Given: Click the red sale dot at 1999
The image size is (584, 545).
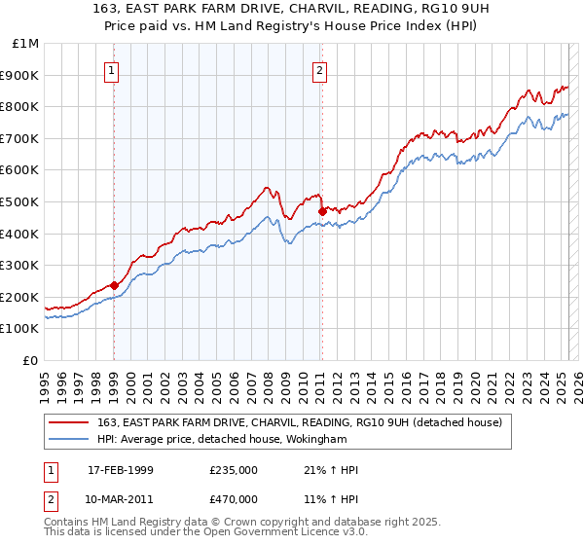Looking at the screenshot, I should point(114,285).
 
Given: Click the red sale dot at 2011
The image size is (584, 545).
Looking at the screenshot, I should point(321,210).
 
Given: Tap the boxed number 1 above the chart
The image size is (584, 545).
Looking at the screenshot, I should point(113,70).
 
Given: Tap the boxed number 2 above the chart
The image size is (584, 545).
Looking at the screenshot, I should point(319,70).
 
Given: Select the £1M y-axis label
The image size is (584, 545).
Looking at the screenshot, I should point(26,44).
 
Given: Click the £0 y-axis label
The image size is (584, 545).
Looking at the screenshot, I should point(31,360).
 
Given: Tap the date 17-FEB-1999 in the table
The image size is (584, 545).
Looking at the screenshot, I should point(123,471).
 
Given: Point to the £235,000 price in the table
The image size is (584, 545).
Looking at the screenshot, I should point(234,471).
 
